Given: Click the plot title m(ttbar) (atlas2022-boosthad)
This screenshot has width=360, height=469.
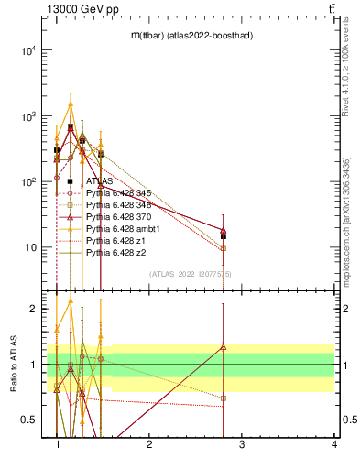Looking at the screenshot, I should (191, 35).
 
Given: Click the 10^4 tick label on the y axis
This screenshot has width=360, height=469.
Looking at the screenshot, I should (27, 51).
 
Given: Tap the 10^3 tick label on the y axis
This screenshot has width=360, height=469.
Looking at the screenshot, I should (27, 117).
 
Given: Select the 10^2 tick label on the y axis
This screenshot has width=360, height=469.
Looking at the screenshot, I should (27, 182).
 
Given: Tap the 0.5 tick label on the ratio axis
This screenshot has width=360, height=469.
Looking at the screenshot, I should (28, 420).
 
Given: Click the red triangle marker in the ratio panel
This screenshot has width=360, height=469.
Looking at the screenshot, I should (224, 346).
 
